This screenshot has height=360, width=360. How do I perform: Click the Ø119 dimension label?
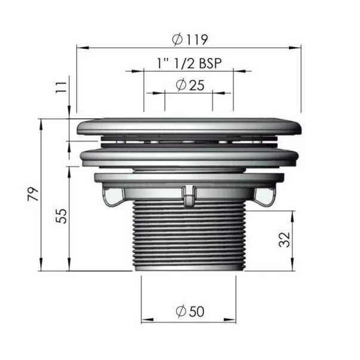tap(190, 39)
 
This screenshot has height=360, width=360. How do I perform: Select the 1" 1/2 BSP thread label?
tap(189, 63)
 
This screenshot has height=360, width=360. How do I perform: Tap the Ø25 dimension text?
tap(190, 85)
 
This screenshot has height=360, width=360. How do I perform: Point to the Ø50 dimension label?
tap(190, 311)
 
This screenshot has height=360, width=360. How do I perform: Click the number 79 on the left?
tap(33, 194)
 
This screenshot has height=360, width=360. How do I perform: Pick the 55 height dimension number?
tap(61, 216)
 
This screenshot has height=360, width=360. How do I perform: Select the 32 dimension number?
tap(284, 239)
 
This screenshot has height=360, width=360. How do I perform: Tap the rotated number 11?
tap(61, 87)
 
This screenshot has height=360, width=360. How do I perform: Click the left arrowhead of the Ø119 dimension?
tap(82, 48)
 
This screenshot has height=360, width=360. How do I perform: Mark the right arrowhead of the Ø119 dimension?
tap(295, 48)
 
